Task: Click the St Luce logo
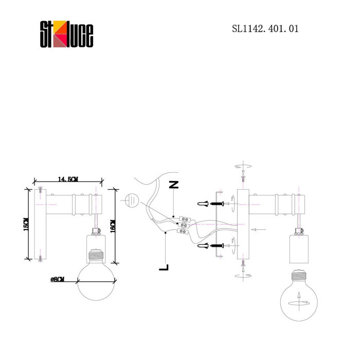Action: click(67, 35)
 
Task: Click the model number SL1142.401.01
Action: click(265, 29)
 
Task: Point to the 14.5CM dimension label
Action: click(68, 179)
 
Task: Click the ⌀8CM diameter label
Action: click(58, 279)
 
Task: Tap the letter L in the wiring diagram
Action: click(164, 267)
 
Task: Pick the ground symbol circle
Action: click(132, 200)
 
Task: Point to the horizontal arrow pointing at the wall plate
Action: click(259, 229)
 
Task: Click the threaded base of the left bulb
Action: click(95, 255)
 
